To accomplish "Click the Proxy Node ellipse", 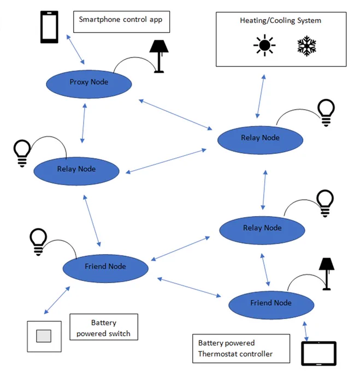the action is point(89,84).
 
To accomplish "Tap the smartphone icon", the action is point(49,27).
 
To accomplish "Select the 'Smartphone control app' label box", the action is point(121,22).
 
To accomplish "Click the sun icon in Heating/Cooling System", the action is point(264,45).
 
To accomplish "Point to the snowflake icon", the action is point(306,46).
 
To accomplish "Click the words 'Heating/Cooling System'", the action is point(280,21).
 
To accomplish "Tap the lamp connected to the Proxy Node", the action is point(159,56).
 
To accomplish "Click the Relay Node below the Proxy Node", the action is point(76,171).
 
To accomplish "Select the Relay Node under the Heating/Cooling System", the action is point(260,140).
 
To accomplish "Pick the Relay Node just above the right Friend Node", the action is point(262,230).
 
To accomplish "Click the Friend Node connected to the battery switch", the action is point(105,268).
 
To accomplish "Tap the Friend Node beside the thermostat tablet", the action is point(271,305).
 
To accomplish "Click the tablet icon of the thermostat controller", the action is point(319,353).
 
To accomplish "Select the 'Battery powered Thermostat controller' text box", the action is point(241,349).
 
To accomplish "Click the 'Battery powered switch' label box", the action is point(104,327).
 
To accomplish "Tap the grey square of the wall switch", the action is point(44,336).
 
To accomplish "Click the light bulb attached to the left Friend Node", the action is point(38,242).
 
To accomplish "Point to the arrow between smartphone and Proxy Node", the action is point(75,50).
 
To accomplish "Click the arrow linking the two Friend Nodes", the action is point(189,287).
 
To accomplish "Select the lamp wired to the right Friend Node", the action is point(327,274).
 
